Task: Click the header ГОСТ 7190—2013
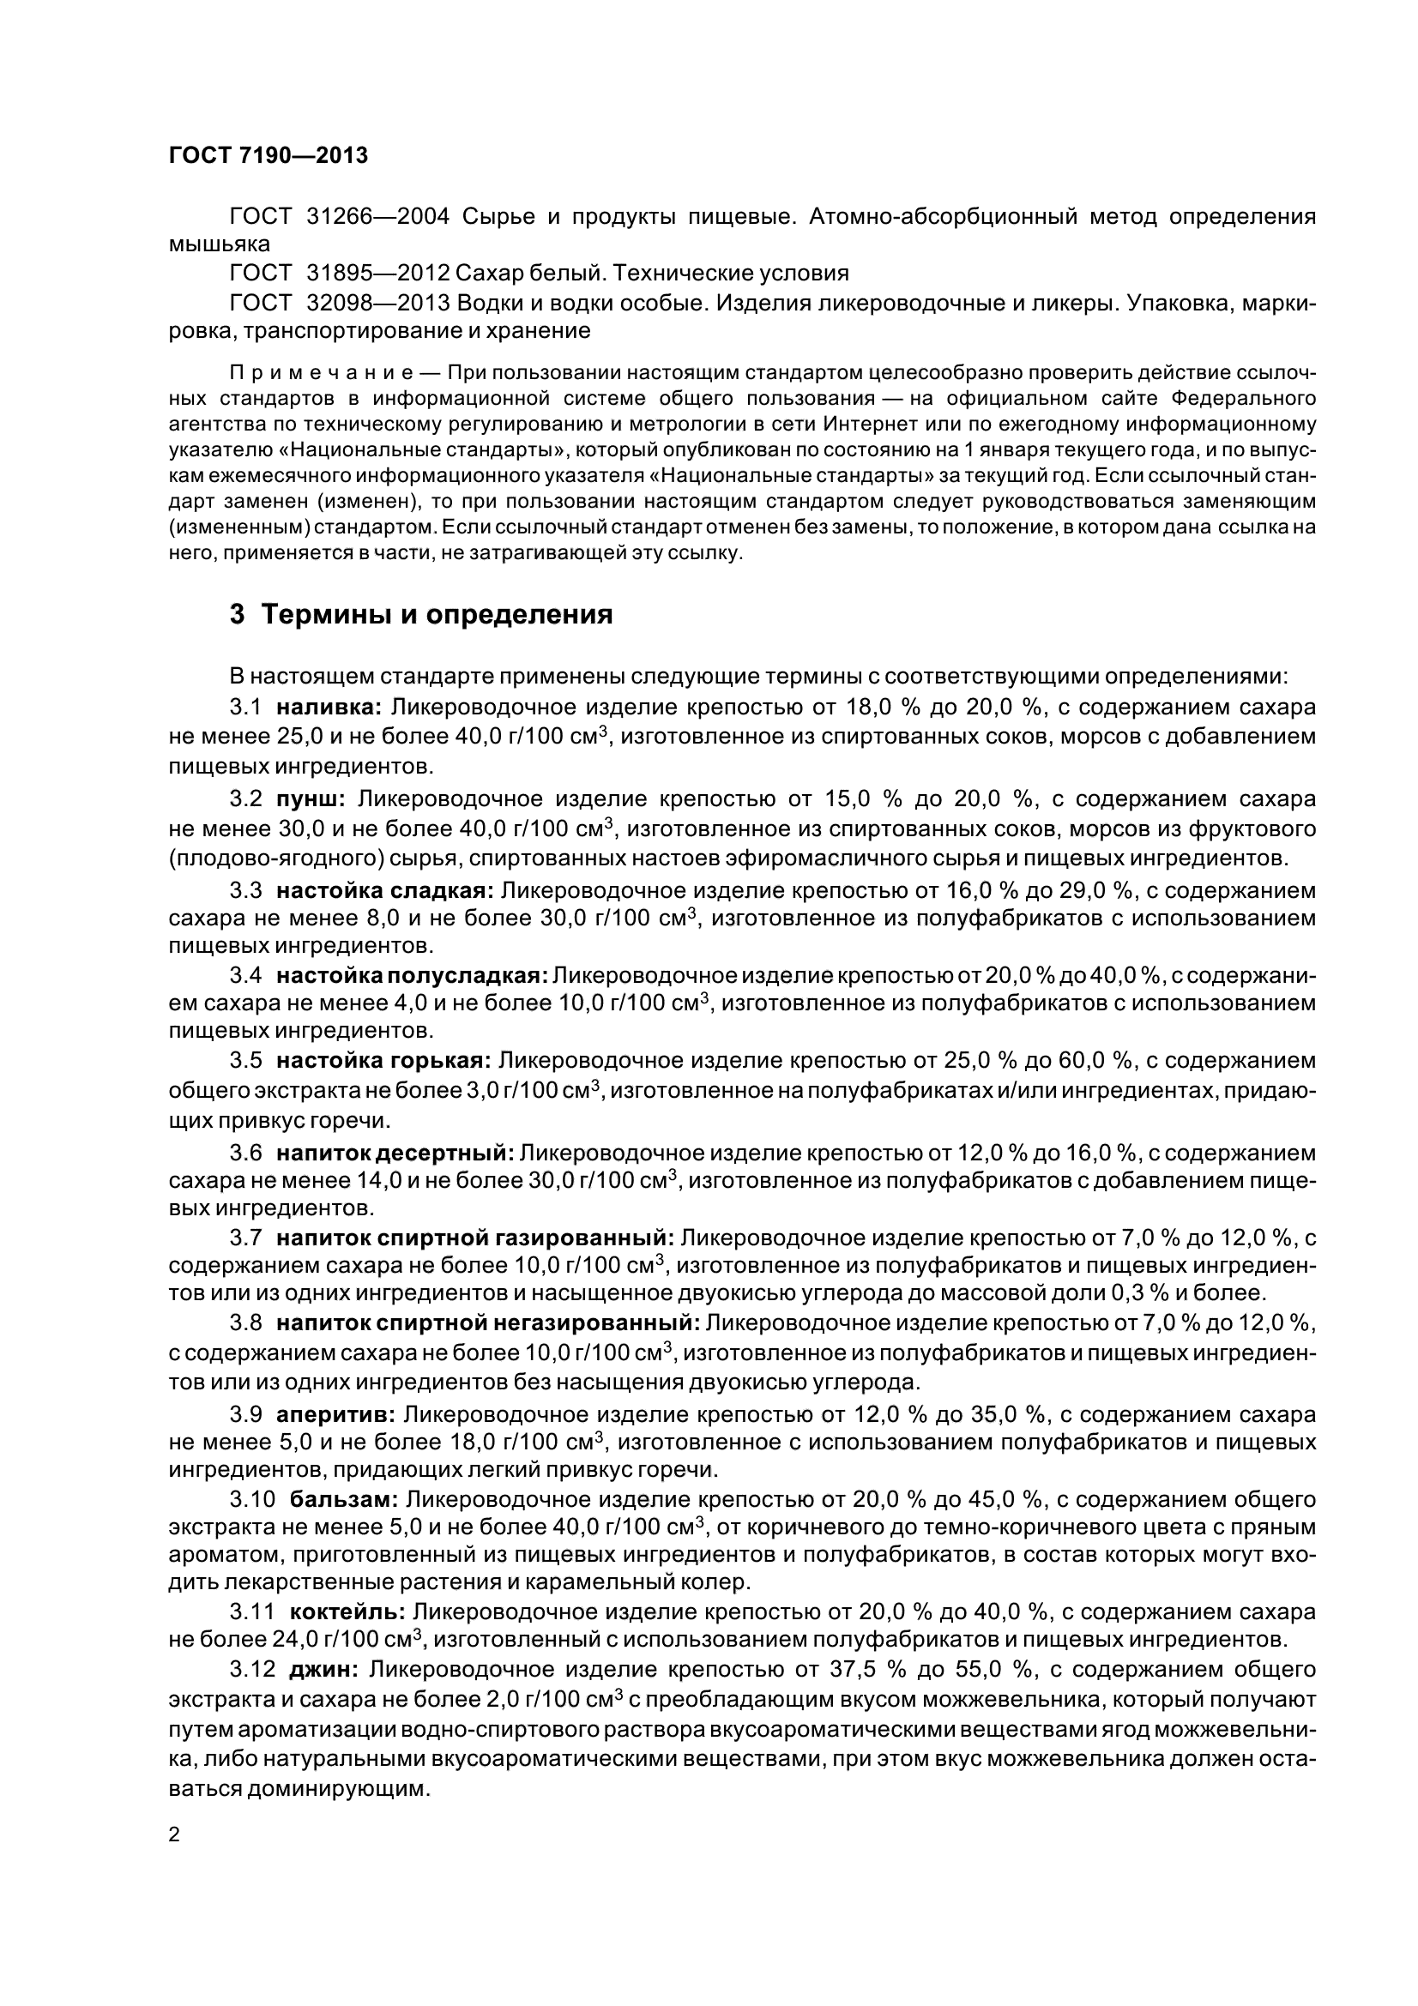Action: coord(268,155)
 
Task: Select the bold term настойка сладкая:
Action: coord(385,890)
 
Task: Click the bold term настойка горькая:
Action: coord(383,1061)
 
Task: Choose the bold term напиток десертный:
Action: coord(395,1153)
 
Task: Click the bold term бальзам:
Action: coord(344,1499)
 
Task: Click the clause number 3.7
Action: coord(245,1238)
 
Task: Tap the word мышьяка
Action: coord(220,244)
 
